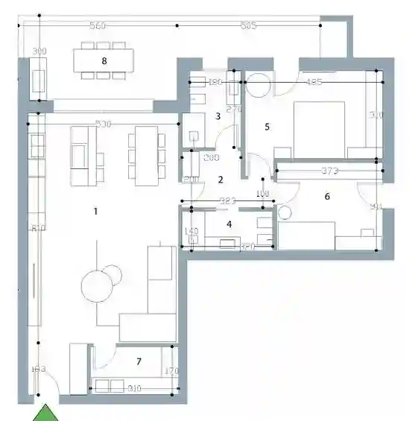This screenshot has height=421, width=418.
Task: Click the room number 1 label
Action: click(95, 212)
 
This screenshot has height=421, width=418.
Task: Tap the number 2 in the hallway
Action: click(220, 180)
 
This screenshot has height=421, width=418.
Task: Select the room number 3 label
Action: click(218, 116)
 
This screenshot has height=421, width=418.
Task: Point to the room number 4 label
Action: click(229, 224)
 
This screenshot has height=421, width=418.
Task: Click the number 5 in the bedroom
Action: click(267, 127)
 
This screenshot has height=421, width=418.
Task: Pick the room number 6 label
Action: click(326, 197)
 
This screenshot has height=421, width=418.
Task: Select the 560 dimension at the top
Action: click(97, 26)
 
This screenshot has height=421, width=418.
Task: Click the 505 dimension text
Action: click(249, 26)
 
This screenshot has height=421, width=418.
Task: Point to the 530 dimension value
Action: click(104, 124)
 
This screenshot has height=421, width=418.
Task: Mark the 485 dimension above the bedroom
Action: click(314, 82)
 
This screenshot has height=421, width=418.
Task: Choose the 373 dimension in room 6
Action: click(330, 171)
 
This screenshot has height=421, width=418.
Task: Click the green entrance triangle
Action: click(46, 413)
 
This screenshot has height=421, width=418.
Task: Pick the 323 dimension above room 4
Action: click(228, 201)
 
